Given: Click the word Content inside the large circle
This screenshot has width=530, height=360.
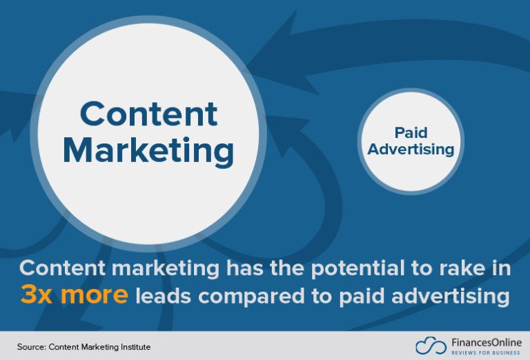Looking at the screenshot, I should [149, 114].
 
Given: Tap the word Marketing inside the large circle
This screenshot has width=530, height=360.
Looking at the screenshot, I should [149, 150].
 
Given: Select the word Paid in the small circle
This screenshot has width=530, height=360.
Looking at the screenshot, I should [411, 132].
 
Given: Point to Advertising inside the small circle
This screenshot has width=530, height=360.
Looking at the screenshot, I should [411, 149].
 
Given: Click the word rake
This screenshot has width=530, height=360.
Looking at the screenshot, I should [442, 269].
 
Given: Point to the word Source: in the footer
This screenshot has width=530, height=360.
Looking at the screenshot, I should [32, 346].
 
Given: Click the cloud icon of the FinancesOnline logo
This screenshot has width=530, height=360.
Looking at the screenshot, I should [428, 345].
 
